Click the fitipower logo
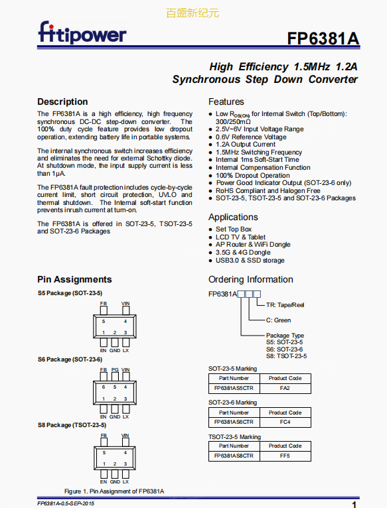click(82, 32)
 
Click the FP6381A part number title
click(323, 38)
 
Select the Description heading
click(62, 101)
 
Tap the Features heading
click(226, 101)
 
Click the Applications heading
click(233, 217)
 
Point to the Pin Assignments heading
click(74, 279)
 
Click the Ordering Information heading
click(251, 279)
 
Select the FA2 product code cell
click(285, 388)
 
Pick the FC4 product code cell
click(285, 422)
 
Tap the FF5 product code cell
click(285, 456)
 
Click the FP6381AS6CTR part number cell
click(234, 422)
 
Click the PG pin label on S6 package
click(115, 369)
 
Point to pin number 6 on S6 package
click(104, 387)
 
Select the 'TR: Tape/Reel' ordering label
click(285, 305)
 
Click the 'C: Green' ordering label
click(278, 320)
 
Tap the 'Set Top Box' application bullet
click(234, 229)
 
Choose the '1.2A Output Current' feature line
click(246, 145)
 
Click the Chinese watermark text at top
click(193, 13)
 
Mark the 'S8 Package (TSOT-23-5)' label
click(72, 425)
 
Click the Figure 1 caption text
click(114, 491)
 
